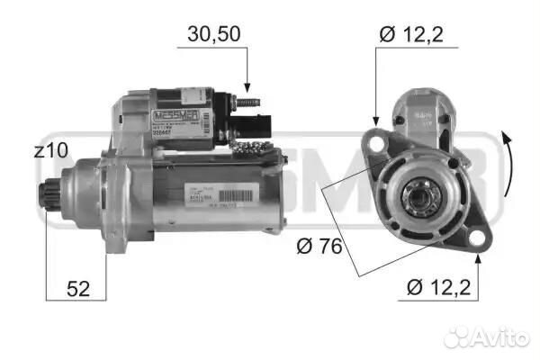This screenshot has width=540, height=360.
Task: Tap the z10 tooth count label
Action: tap(49, 152)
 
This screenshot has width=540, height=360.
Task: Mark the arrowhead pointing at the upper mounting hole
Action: tap(374, 122)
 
